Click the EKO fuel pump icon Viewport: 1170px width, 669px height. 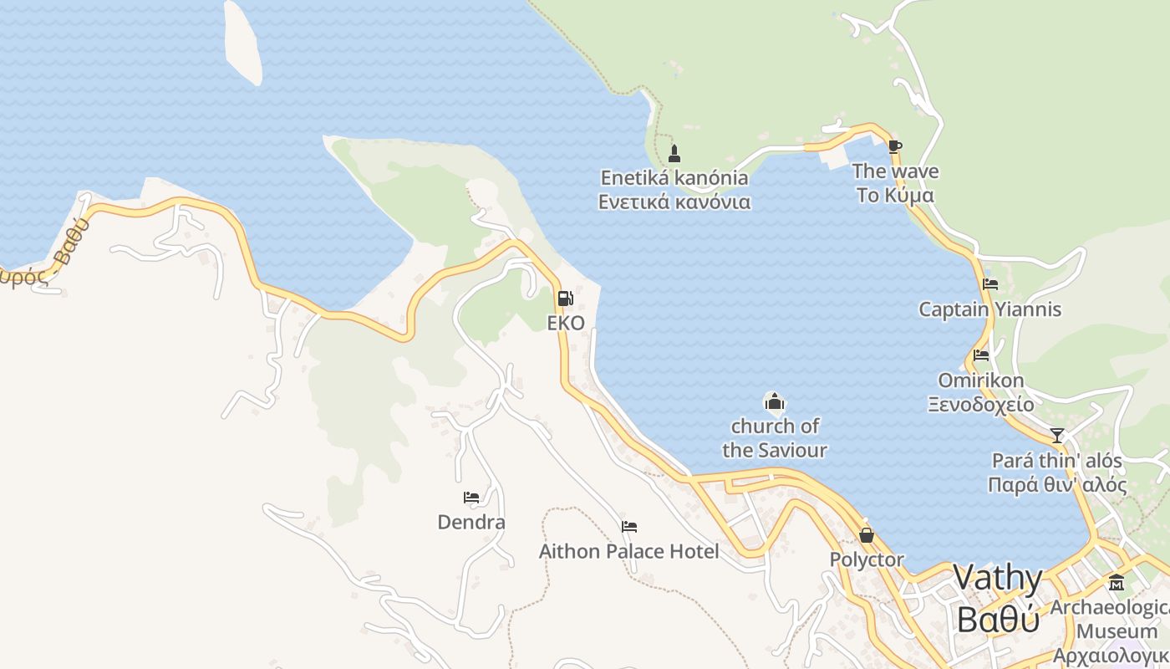tap(565, 299)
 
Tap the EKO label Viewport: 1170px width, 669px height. tap(566, 323)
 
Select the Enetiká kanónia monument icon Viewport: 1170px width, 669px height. tap(674, 154)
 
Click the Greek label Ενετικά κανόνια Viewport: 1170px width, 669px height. tap(674, 202)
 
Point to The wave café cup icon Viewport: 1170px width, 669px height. tap(894, 147)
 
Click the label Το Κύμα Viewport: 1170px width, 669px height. tap(895, 196)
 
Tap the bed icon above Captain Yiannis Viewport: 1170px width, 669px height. tap(990, 284)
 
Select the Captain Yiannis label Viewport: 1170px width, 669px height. tap(989, 309)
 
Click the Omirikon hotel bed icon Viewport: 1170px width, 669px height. tap(981, 355)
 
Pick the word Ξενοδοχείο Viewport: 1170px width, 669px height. tap(980, 405)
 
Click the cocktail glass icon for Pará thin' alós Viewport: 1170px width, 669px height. tap(1057, 436)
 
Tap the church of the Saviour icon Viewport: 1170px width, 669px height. tap(774, 401)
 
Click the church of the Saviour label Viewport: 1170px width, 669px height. tap(775, 438)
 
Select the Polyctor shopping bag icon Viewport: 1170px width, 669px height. tap(867, 535)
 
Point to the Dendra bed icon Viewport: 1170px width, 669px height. tap(471, 498)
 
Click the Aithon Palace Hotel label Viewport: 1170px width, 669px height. tap(628, 552)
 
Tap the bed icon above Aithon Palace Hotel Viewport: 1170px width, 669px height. tap(629, 527)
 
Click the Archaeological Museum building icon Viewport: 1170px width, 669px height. tap(1117, 582)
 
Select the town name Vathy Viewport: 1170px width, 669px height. tap(998, 579)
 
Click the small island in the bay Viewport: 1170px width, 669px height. tap(242, 42)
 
